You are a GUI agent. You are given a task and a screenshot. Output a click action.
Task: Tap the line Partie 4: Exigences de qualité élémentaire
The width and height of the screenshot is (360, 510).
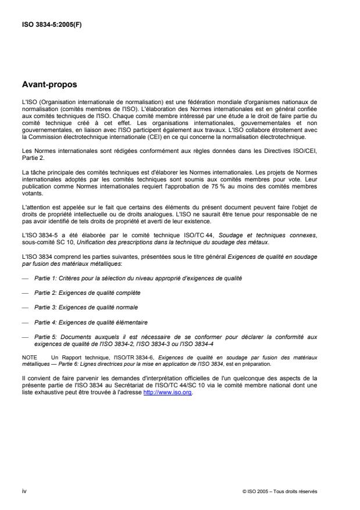tap(90, 321)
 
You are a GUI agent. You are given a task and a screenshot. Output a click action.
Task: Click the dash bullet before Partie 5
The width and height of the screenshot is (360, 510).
tap(24, 335)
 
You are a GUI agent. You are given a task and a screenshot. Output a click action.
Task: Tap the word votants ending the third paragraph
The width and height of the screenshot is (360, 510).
tap(30, 197)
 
